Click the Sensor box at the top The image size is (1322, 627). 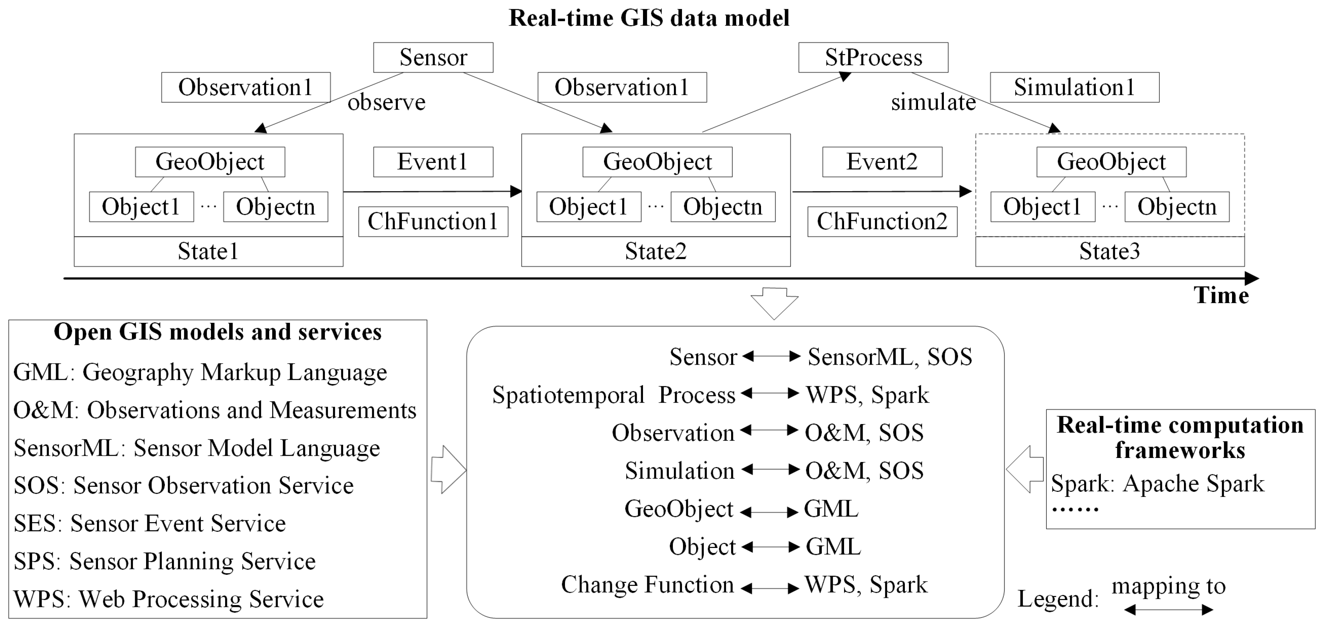[433, 58]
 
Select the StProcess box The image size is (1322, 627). [873, 58]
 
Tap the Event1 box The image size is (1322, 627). [433, 162]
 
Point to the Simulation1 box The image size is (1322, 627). [1074, 87]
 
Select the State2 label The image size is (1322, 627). [655, 251]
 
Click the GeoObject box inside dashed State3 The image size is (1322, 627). [1111, 162]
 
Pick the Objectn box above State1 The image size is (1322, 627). [275, 207]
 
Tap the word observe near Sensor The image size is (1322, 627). [387, 102]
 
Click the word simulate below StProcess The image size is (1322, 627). [933, 102]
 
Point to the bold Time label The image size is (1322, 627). [1221, 295]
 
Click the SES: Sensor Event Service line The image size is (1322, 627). [149, 524]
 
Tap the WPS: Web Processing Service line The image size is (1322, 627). [168, 599]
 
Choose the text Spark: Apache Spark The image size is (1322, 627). [1157, 483]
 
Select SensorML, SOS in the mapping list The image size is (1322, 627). [889, 357]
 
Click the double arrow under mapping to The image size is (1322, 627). [1168, 610]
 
